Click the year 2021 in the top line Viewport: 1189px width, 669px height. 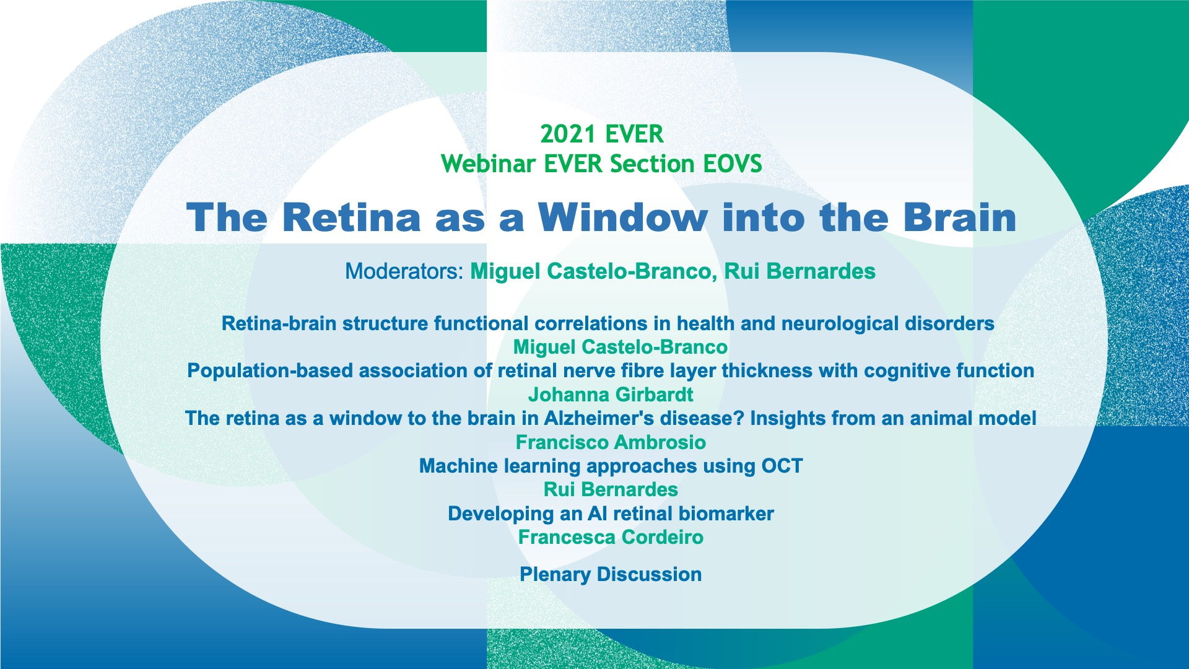pos(568,134)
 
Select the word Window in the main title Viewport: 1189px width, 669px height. pos(622,217)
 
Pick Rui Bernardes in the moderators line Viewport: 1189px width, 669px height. pos(799,271)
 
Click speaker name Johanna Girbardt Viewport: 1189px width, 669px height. pos(611,395)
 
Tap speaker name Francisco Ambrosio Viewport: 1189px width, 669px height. pos(611,442)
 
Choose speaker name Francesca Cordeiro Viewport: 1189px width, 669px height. pos(611,537)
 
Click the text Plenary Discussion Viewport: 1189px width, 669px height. pos(611,574)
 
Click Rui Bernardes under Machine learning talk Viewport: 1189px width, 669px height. pos(611,489)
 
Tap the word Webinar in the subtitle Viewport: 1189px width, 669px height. pos(489,164)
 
